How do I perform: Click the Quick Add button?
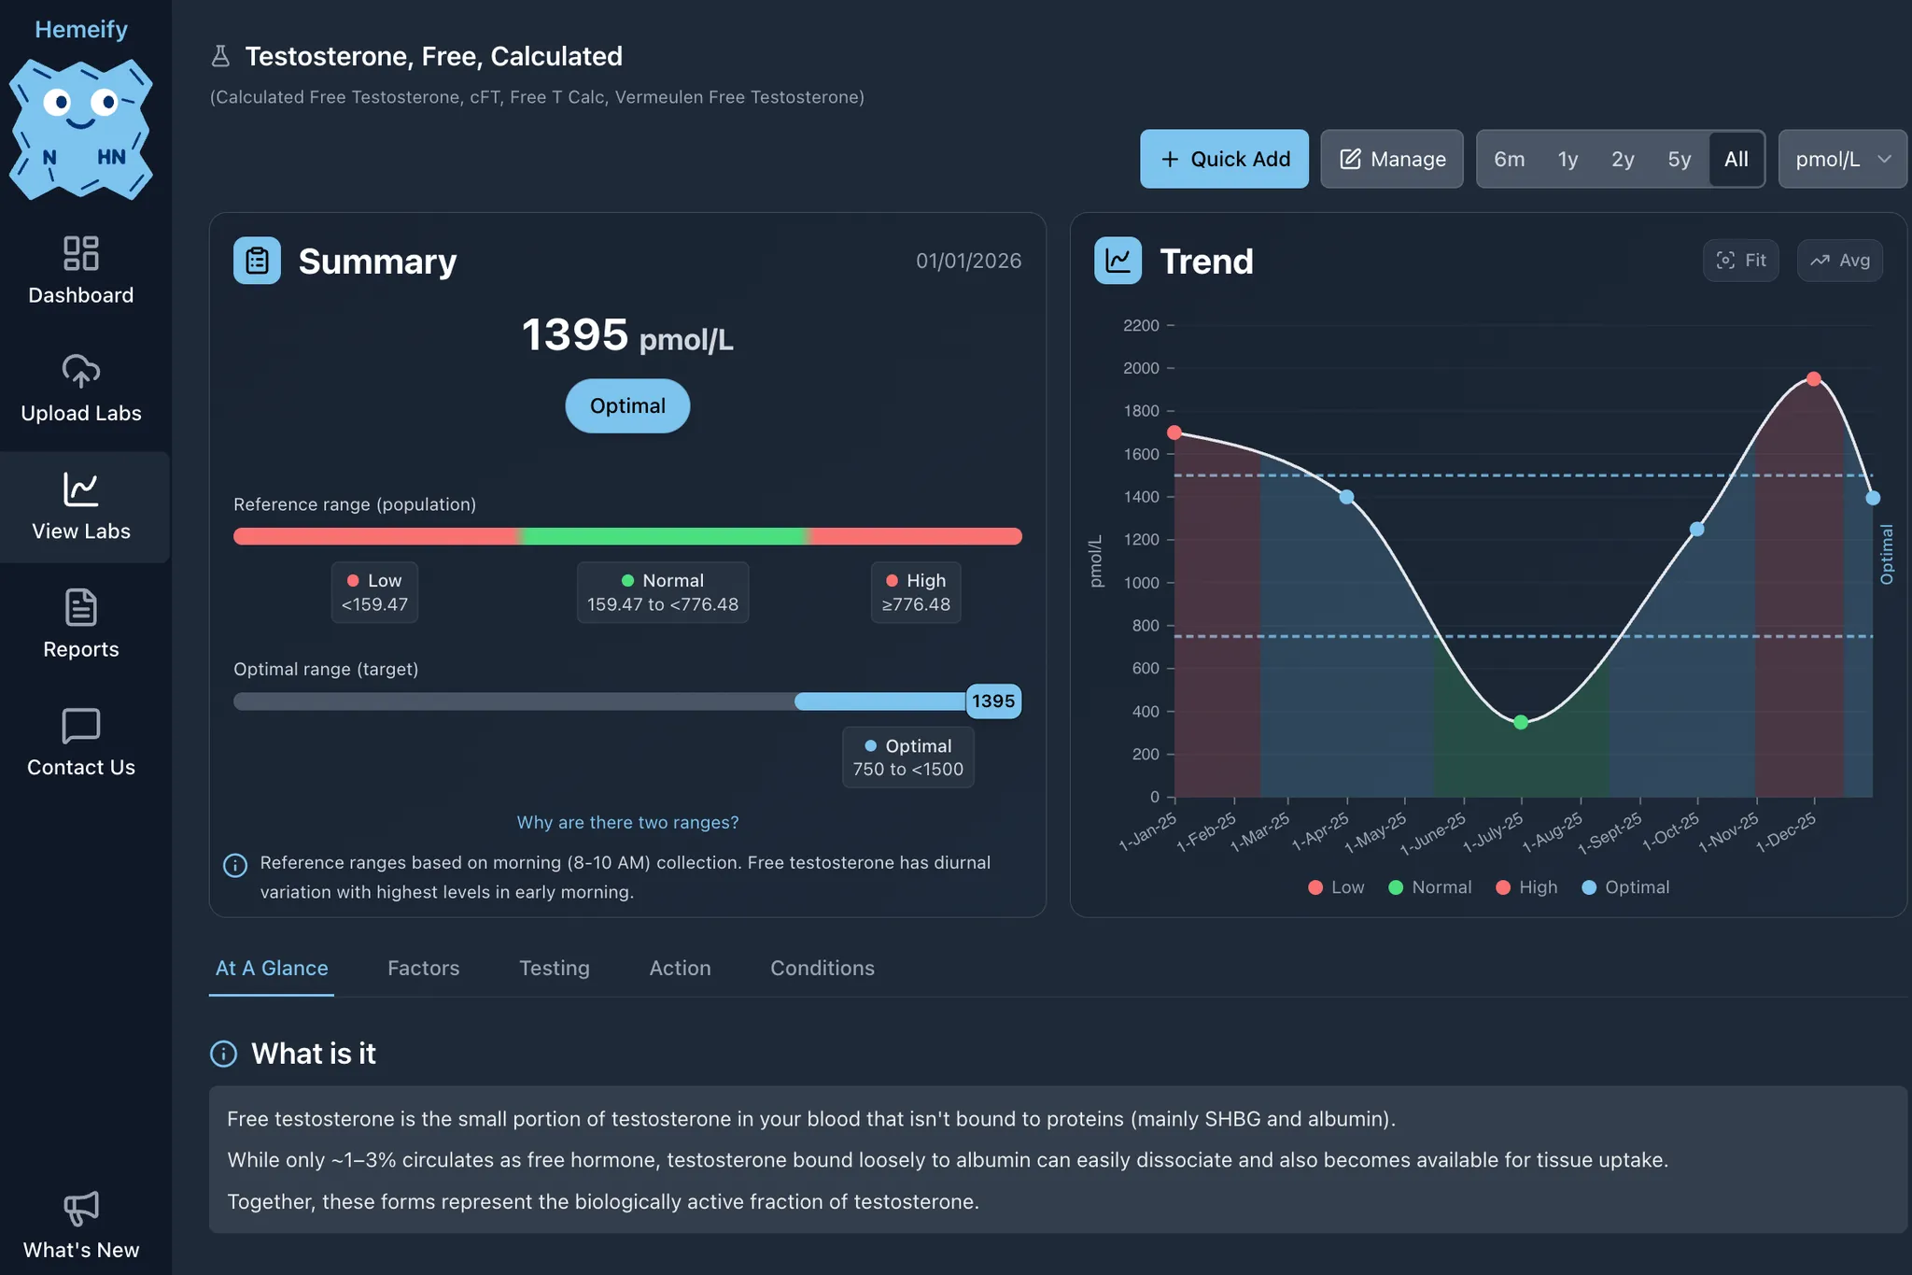[x=1223, y=159]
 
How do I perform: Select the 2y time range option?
[x=1622, y=159]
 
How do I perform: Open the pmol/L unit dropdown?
[x=1841, y=159]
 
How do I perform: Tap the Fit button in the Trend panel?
[x=1740, y=261]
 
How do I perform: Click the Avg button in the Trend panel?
[x=1839, y=261]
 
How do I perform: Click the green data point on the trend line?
[x=1520, y=722]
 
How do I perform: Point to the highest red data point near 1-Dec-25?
[x=1813, y=379]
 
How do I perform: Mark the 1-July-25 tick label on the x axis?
[x=1494, y=831]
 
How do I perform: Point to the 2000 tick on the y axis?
[x=1141, y=368]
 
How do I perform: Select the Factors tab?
[x=423, y=968]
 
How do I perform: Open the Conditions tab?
[x=822, y=968]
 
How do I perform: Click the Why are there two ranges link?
[x=627, y=822]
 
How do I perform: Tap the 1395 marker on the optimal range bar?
[x=992, y=701]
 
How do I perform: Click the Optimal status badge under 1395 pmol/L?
[x=627, y=405]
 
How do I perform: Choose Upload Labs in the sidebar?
[x=81, y=389]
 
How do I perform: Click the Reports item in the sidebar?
[x=81, y=624]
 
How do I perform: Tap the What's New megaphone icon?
[x=81, y=1208]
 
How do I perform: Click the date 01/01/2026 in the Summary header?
[x=967, y=261]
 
